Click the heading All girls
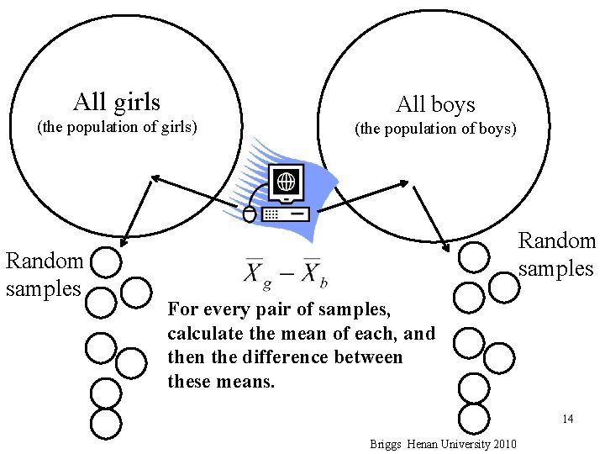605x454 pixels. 117,103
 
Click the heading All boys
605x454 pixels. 435,105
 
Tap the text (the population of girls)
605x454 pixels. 116,128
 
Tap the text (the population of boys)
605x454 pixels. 435,129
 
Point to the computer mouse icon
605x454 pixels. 250,214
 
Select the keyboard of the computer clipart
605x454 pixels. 286,214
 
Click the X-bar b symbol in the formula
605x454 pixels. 313,272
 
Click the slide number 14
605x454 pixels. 568,419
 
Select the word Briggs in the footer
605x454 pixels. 385,443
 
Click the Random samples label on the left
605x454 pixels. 45,275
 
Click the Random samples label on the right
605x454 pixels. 557,255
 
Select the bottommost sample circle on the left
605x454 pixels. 105,424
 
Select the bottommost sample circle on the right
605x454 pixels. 475,417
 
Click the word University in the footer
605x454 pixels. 462,443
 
